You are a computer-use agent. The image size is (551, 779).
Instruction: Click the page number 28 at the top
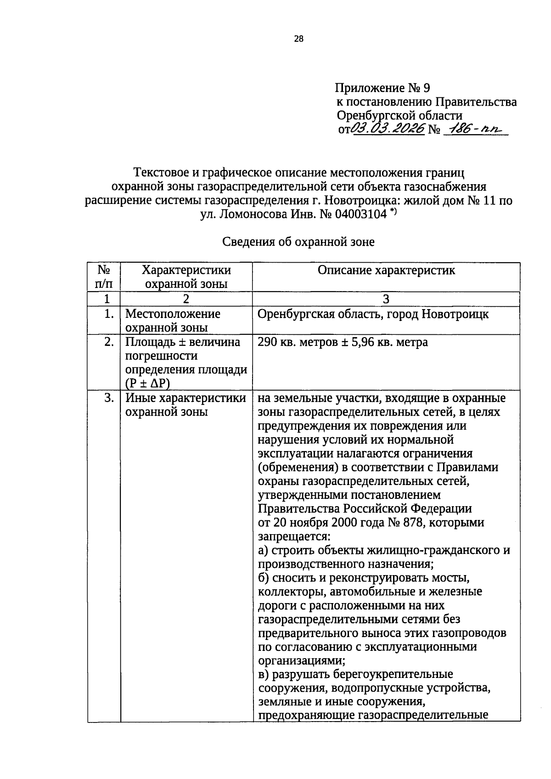[x=298, y=39]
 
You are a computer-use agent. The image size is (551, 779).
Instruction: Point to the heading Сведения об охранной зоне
[x=298, y=242]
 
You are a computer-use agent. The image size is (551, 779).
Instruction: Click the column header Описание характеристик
[x=386, y=270]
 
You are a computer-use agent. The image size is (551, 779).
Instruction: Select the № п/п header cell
[x=104, y=277]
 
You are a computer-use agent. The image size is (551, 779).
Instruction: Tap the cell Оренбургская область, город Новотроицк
[x=373, y=314]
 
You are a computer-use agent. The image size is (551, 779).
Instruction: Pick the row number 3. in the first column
[x=108, y=398]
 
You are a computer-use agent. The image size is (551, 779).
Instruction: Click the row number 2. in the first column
[x=108, y=342]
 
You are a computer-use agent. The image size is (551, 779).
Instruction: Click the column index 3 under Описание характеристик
[x=386, y=299]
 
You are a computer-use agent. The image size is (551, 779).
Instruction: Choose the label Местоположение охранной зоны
[x=173, y=321]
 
